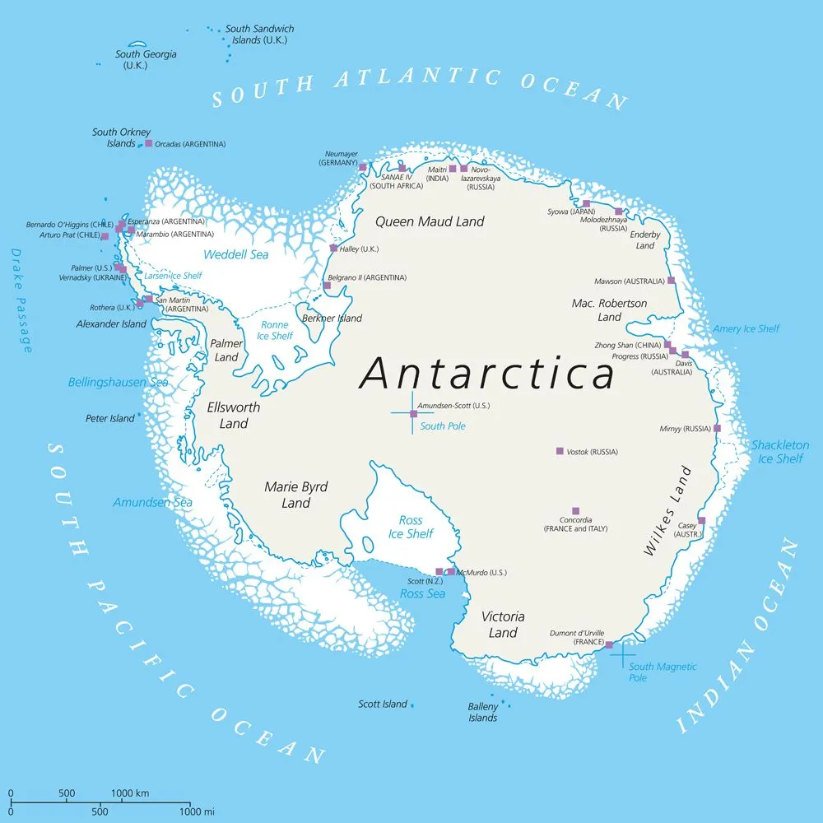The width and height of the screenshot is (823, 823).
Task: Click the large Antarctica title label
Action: pyautogui.click(x=487, y=374)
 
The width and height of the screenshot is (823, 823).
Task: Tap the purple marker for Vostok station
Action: pyautogui.click(x=560, y=451)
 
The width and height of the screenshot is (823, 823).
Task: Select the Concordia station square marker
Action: pyautogui.click(x=575, y=511)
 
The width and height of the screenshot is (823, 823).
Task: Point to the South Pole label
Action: pyautogui.click(x=443, y=426)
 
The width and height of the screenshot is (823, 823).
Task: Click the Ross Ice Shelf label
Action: pyautogui.click(x=411, y=527)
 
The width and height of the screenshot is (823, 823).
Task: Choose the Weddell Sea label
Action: pyautogui.click(x=236, y=254)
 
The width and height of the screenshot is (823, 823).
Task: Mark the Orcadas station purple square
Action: pyautogui.click(x=148, y=143)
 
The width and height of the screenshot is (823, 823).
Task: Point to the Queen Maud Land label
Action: pyautogui.click(x=430, y=221)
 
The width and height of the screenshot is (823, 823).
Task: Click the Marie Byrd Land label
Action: pyautogui.click(x=295, y=495)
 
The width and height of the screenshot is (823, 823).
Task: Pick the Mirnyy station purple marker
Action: pyautogui.click(x=717, y=428)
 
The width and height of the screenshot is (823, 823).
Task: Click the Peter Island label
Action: pyautogui.click(x=109, y=418)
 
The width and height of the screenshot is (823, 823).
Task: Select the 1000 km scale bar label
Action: pyautogui.click(x=129, y=793)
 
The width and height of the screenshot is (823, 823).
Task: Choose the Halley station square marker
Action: pyautogui.click(x=333, y=248)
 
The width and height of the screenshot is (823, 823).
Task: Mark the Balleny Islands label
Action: pyautogui.click(x=483, y=712)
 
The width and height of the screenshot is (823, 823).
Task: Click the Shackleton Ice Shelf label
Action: pyautogui.click(x=779, y=452)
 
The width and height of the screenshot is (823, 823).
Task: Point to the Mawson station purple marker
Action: pyautogui.click(x=671, y=281)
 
